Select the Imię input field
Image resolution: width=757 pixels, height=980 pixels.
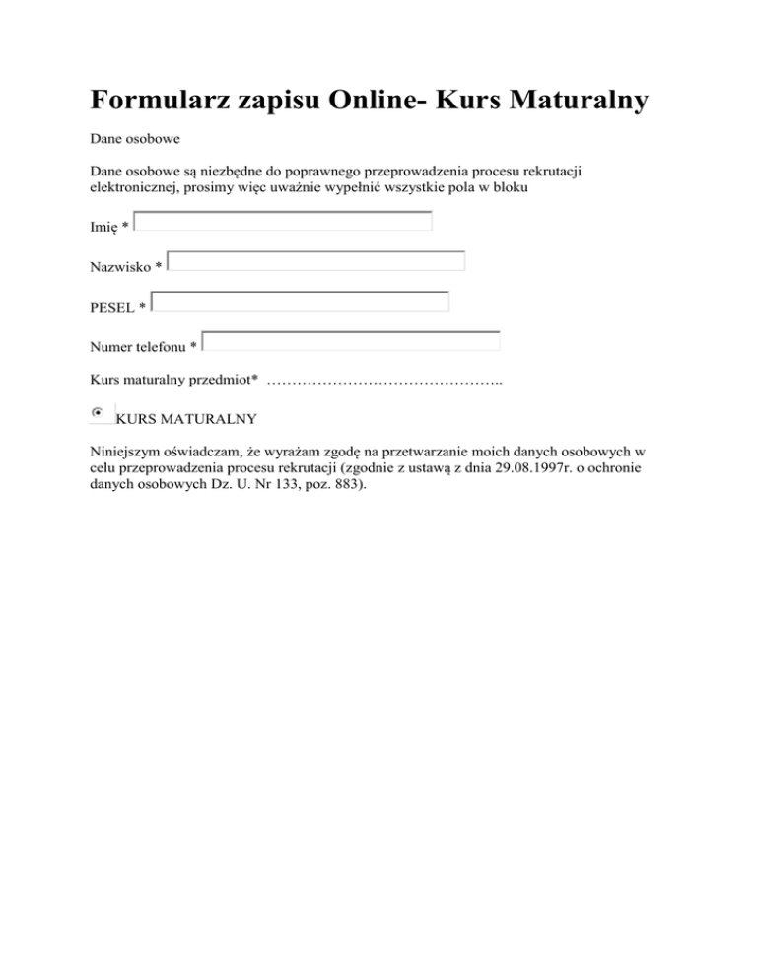283,222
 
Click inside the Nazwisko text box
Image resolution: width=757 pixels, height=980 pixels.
316,262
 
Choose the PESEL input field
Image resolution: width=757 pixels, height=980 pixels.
301,302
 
